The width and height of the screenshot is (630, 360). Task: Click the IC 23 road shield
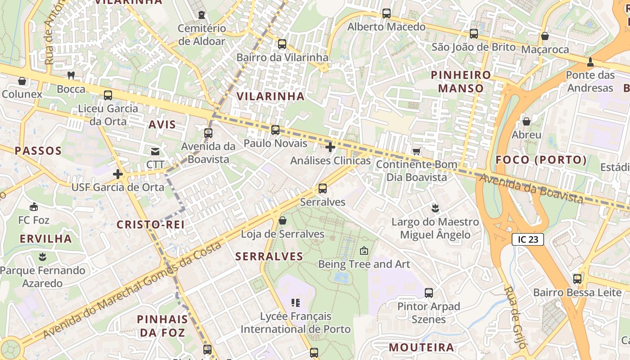click(528, 239)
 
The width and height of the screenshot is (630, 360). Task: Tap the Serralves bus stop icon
click(323, 189)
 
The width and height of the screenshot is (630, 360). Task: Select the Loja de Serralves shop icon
click(283, 220)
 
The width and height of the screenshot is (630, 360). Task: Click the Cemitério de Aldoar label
click(202, 35)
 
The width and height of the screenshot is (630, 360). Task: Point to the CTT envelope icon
click(155, 151)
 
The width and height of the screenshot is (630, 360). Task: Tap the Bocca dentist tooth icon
click(71, 75)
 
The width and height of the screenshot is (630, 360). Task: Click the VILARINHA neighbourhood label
click(270, 96)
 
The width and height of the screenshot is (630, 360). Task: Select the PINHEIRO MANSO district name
click(461, 81)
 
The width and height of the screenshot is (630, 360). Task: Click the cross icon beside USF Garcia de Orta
click(118, 174)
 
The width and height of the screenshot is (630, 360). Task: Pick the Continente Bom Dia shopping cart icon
click(417, 151)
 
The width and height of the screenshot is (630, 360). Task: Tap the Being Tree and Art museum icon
click(364, 251)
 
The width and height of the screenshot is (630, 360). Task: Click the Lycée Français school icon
click(296, 303)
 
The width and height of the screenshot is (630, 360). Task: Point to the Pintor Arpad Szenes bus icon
click(429, 293)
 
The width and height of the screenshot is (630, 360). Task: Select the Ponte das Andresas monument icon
click(590, 62)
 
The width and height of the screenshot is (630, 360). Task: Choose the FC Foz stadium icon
click(34, 207)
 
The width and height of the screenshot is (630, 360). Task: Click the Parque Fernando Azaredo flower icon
click(43, 257)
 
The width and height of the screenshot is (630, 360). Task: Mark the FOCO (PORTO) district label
click(541, 160)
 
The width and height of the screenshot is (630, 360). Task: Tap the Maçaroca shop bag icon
click(545, 36)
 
